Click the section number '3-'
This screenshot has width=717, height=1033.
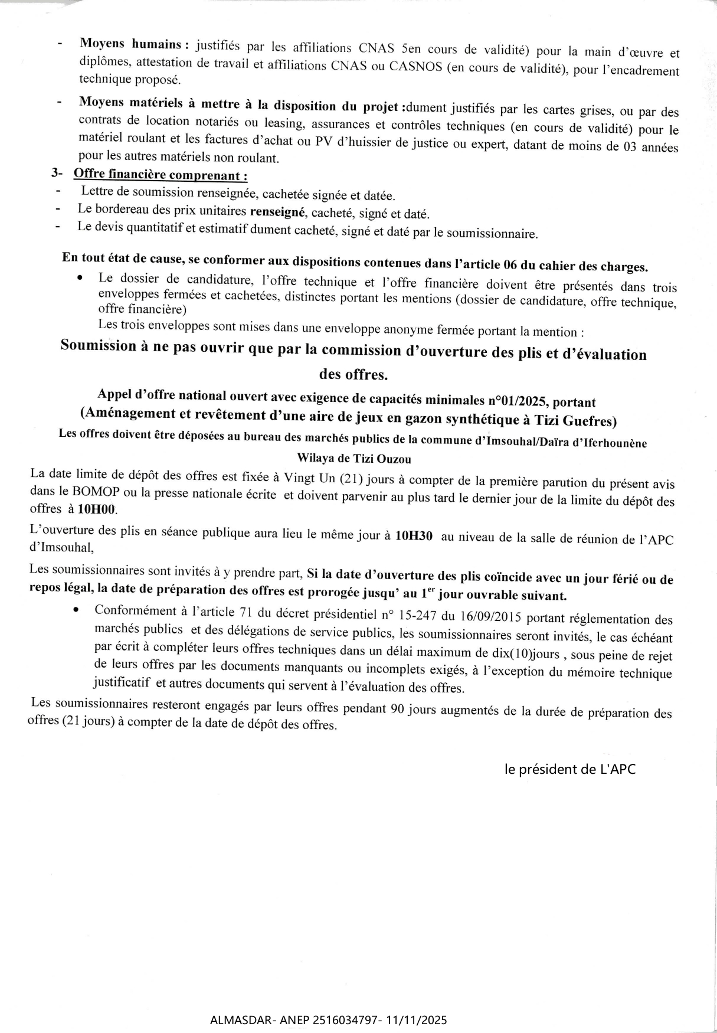[x=57, y=174]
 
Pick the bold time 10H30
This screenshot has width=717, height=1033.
[x=414, y=536]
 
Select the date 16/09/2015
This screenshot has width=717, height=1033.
[x=488, y=617]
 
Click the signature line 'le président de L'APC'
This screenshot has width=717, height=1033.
[x=570, y=769]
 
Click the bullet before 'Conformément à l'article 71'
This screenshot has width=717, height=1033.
[x=76, y=611]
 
